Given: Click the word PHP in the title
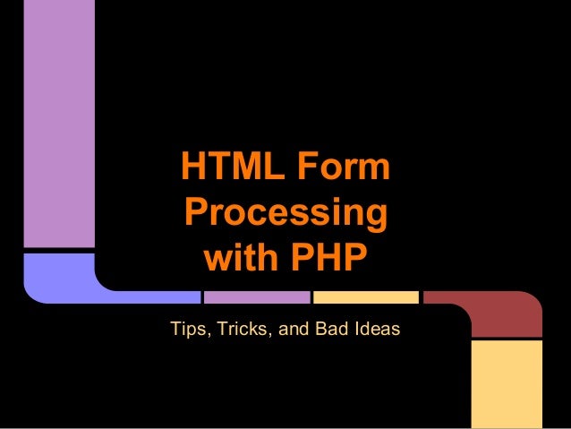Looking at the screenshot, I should click(329, 261).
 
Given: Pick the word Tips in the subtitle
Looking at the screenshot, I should click(187, 329).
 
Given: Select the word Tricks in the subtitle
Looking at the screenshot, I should click(243, 329).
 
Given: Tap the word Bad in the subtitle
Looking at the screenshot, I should click(331, 329).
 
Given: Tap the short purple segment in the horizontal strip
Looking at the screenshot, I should click(257, 296).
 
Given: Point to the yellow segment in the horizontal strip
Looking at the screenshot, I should click(365, 296).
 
